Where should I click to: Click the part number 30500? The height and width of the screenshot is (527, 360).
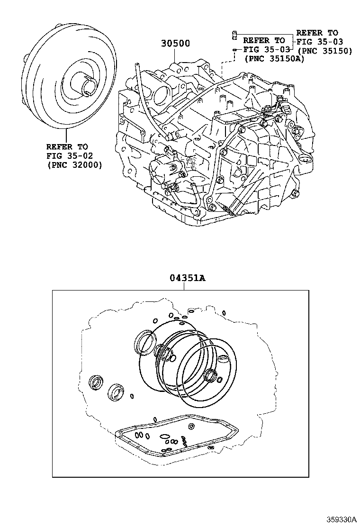click(175, 43)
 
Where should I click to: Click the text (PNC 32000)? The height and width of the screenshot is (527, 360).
click(74, 165)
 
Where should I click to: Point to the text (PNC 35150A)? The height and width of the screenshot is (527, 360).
click(274, 58)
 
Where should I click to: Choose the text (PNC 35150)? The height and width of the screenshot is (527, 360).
click(325, 51)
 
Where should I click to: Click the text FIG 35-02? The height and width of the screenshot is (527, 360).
click(70, 155)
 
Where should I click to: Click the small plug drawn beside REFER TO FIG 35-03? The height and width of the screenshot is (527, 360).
click(234, 34)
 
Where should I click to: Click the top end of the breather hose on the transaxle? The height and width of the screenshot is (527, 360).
click(137, 64)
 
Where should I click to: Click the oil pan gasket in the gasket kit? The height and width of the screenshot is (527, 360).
click(176, 436)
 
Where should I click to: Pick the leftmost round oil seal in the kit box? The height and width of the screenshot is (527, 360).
click(97, 382)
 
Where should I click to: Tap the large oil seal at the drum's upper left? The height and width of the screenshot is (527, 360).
click(145, 343)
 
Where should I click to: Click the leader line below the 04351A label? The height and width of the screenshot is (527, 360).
click(184, 286)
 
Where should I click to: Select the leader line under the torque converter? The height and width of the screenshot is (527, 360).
click(66, 136)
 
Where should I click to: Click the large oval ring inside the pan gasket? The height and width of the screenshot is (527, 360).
click(164, 436)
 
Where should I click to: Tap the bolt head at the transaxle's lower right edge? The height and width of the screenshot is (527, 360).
click(295, 193)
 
